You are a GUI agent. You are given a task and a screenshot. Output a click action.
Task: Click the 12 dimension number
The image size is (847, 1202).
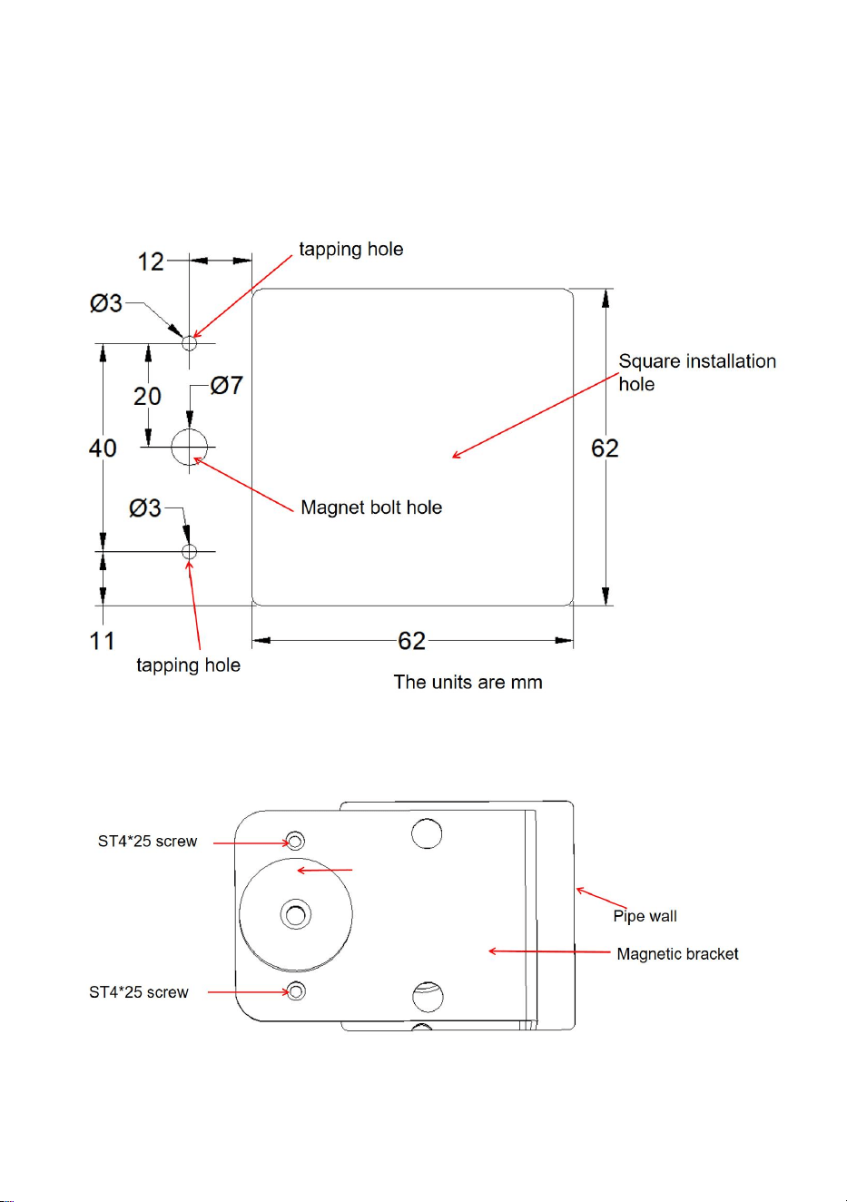click(x=151, y=261)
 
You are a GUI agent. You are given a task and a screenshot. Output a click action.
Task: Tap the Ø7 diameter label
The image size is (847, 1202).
click(x=227, y=385)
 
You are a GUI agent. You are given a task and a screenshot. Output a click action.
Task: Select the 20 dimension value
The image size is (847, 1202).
click(x=147, y=397)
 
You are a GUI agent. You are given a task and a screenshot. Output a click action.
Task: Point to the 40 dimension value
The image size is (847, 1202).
click(x=103, y=448)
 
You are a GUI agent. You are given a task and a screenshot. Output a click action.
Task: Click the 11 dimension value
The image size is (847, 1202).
click(x=102, y=641)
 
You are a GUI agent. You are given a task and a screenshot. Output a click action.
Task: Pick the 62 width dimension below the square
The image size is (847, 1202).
click(x=411, y=641)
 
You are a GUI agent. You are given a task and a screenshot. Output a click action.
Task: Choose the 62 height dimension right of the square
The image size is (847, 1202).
click(x=605, y=448)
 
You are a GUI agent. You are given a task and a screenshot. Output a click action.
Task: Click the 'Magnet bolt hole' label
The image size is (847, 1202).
click(x=371, y=507)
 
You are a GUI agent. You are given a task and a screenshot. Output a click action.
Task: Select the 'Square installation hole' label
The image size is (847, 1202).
click(x=697, y=372)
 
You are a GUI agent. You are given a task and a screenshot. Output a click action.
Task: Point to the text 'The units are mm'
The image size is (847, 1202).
click(x=468, y=682)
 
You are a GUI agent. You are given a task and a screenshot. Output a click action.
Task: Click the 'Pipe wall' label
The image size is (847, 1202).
click(x=645, y=916)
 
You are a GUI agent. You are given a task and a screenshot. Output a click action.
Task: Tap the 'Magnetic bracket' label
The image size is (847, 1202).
click(x=677, y=953)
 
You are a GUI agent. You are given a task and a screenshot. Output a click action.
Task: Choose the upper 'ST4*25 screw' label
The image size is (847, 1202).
click(x=147, y=841)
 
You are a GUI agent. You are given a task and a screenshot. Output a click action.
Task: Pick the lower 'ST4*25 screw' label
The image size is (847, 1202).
click(x=139, y=992)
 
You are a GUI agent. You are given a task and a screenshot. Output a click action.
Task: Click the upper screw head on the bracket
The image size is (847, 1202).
click(x=296, y=840)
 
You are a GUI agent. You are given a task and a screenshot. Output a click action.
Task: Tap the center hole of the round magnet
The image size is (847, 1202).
click(x=296, y=914)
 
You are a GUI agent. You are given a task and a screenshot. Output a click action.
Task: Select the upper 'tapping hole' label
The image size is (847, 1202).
click(x=351, y=250)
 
